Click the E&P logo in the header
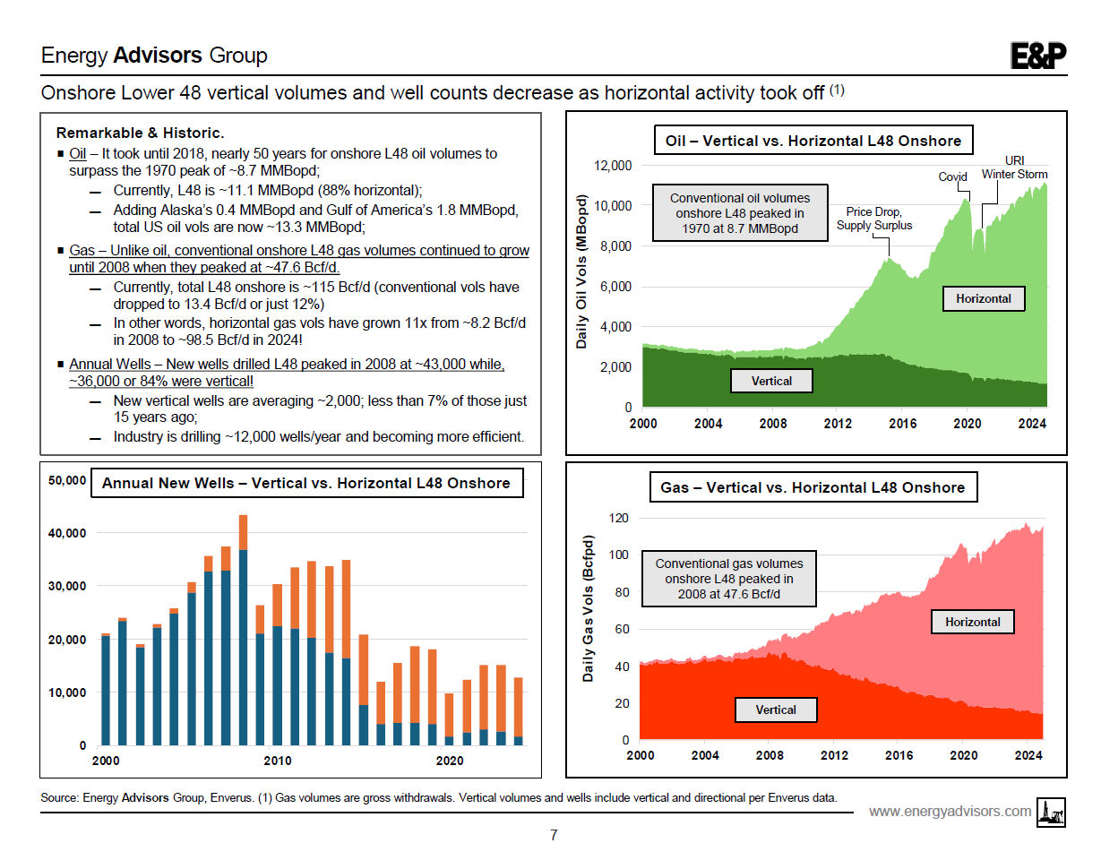tap(1038, 56)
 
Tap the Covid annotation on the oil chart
tap(952, 176)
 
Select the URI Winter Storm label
tap(1014, 168)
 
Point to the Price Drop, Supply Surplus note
tap(874, 219)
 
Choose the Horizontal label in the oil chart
tap(983, 298)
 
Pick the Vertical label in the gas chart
tap(775, 710)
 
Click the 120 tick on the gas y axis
tap(618, 518)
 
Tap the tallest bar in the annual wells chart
tap(243, 627)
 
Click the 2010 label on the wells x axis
tap(278, 761)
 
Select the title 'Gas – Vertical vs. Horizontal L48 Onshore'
tap(813, 487)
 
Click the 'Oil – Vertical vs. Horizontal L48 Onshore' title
tap(813, 141)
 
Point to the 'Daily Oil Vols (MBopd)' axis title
tap(581, 271)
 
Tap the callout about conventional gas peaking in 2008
tap(728, 579)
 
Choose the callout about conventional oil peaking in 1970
tap(739, 213)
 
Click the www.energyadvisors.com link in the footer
tap(950, 811)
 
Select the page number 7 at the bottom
tap(553, 835)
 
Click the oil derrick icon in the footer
tap(1050, 810)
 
